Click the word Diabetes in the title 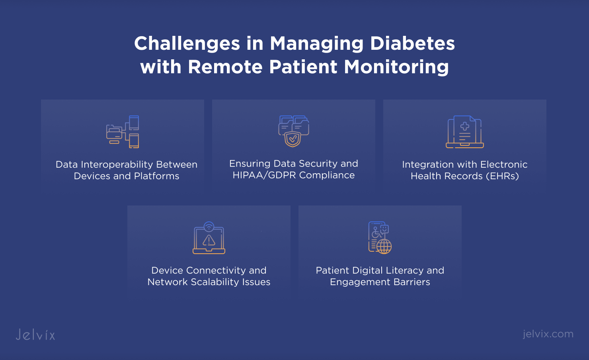412,43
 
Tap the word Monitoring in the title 396,67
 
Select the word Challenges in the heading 187,43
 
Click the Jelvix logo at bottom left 35,335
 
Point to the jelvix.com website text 548,334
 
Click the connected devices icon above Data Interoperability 123,132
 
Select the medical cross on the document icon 464,126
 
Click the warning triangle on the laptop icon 209,240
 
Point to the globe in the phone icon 384,247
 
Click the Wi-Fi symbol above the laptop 209,227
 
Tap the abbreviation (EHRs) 502,176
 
